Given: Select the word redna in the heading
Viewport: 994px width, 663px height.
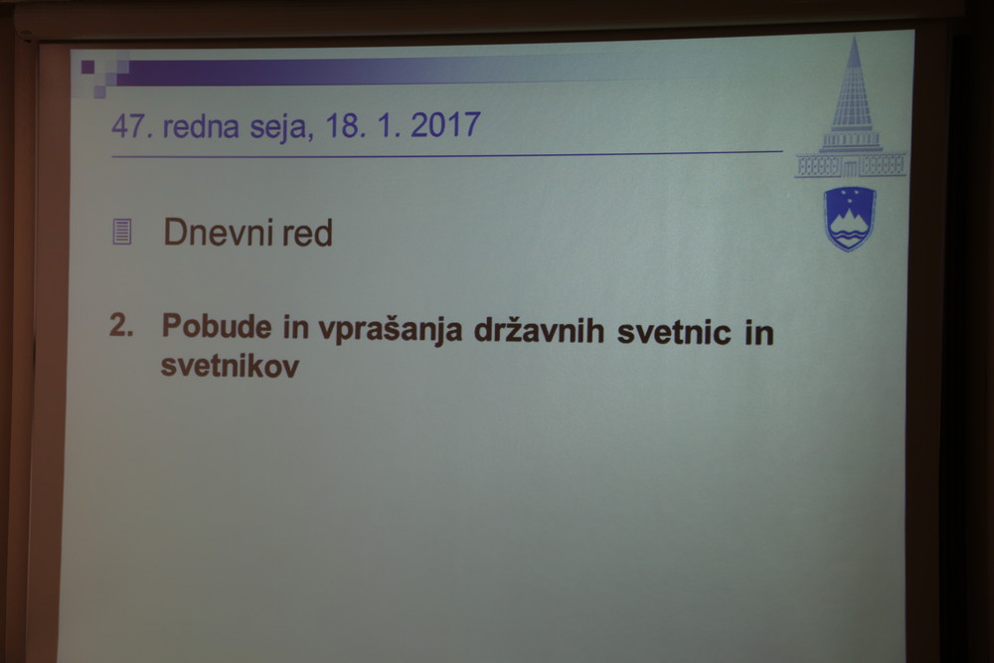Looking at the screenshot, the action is [x=201, y=125].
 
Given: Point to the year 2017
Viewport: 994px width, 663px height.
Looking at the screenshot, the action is [x=445, y=125].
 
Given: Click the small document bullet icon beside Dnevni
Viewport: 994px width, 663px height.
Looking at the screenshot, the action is [x=121, y=232].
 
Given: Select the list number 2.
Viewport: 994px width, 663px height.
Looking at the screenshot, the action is [x=121, y=325].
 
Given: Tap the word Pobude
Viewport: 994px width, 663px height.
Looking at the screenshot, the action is [x=217, y=326].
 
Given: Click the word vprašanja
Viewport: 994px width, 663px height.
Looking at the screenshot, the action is [x=391, y=329].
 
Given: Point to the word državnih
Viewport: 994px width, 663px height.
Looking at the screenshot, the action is [x=540, y=330].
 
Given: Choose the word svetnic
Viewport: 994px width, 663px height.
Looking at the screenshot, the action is [x=674, y=333].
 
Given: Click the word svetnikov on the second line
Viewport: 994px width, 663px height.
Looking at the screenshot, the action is [x=230, y=365].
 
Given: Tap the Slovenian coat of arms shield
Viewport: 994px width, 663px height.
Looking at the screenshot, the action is [x=850, y=219].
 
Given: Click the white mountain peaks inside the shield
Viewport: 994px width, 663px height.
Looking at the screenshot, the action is [x=849, y=222].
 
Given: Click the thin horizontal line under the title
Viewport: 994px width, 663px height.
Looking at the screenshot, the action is [x=447, y=154].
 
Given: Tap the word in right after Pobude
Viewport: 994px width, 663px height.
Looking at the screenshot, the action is [x=295, y=327].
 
